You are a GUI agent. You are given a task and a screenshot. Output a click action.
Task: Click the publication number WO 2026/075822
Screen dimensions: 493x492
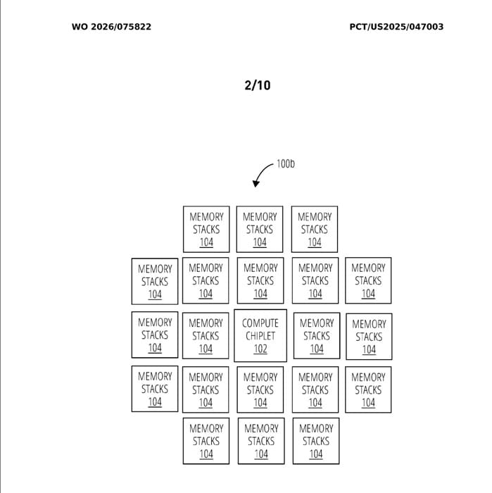coord(111,27)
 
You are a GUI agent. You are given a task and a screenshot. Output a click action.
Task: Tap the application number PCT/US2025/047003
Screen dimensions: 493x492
coord(396,27)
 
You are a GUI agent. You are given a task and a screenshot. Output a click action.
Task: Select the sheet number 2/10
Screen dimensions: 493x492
coord(257,85)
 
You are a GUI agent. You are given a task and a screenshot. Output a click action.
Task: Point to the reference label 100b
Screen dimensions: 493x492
coord(285,164)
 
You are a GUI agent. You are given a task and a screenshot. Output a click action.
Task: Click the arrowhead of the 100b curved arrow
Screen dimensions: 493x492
coord(256,185)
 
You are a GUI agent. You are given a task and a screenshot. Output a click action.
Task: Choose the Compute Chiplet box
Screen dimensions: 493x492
coord(260,335)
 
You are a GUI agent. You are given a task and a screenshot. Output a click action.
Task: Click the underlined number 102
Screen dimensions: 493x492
coord(260,349)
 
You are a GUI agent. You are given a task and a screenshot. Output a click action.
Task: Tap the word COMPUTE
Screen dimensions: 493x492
coord(260,323)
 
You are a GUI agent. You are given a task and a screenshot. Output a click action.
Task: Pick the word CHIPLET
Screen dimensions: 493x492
coord(260,336)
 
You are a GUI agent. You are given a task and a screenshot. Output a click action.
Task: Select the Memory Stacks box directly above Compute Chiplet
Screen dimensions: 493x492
coord(260,280)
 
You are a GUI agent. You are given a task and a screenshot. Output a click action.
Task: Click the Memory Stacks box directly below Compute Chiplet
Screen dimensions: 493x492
coord(260,389)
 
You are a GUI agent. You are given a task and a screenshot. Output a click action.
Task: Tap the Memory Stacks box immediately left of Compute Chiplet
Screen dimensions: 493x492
coord(206,335)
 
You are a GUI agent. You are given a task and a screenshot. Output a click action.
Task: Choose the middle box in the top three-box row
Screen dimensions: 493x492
coord(260,229)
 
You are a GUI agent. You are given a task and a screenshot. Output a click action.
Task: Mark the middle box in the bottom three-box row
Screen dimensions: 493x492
coord(261,441)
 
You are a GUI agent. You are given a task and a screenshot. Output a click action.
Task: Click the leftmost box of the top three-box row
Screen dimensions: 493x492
coord(206,229)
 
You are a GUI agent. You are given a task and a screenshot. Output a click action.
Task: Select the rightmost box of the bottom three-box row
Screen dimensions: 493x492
coord(315,441)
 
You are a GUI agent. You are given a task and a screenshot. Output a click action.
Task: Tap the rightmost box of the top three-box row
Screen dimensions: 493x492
coord(315,229)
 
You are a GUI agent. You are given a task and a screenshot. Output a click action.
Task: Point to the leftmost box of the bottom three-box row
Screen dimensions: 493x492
coord(206,441)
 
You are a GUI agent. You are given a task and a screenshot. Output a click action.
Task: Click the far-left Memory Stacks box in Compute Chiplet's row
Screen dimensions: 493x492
coord(155,335)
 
